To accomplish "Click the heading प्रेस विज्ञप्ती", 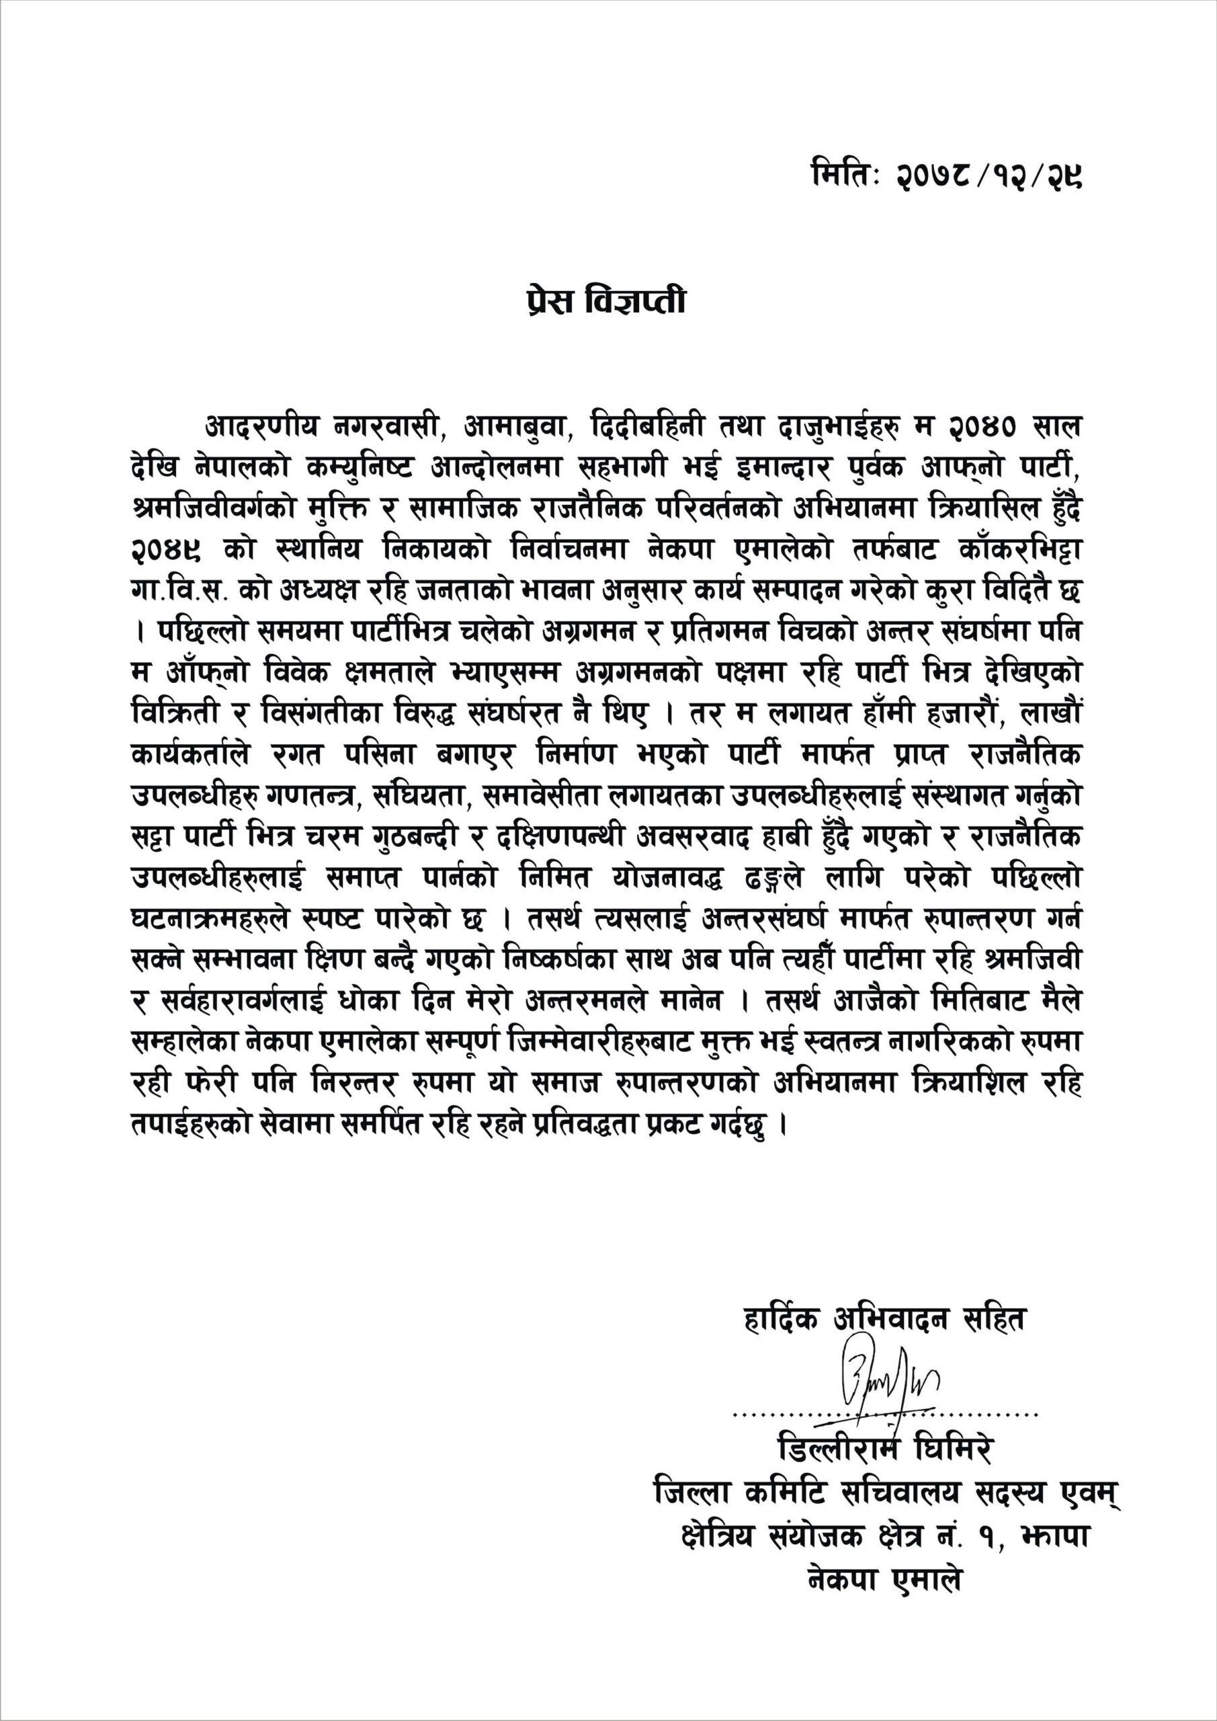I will point(605,301).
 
